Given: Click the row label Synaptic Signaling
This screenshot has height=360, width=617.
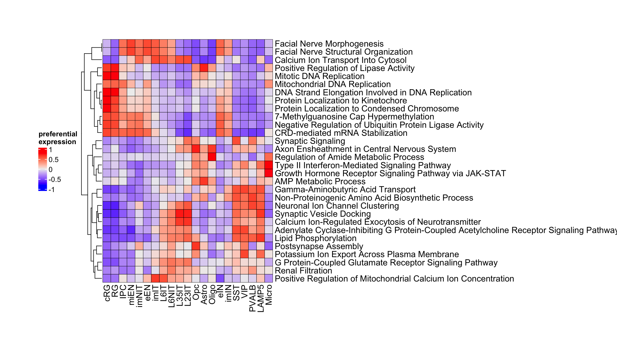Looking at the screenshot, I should pyautogui.click(x=310, y=141).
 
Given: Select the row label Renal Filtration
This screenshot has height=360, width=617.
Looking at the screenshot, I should pyautogui.click(x=303, y=271).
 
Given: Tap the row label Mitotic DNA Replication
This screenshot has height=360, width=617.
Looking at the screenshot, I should pyautogui.click(x=319, y=76).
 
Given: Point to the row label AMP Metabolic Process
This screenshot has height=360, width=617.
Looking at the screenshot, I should pyautogui.click(x=320, y=181).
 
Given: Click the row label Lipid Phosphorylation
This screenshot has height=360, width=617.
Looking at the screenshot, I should pyautogui.click(x=315, y=238).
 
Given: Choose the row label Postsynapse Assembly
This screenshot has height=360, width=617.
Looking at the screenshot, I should pyautogui.click(x=319, y=246).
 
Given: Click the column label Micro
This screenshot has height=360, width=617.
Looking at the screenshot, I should pyautogui.click(x=269, y=295).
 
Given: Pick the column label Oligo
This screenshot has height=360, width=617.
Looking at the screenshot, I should pyautogui.click(x=212, y=294).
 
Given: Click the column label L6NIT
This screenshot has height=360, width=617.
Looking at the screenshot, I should pyautogui.click(x=172, y=296).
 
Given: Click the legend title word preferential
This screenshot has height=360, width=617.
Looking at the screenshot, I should pyautogui.click(x=58, y=134).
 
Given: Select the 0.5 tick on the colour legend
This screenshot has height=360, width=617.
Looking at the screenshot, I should pyautogui.click(x=54, y=160).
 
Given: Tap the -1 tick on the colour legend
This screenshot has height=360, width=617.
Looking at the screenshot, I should pyautogui.click(x=52, y=190).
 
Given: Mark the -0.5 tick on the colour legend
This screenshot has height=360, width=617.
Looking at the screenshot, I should pyautogui.click(x=55, y=179).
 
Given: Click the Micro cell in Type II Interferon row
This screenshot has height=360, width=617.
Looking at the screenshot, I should pyautogui.click(x=269, y=165).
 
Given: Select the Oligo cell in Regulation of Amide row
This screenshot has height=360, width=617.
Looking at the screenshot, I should pyautogui.click(x=212, y=157).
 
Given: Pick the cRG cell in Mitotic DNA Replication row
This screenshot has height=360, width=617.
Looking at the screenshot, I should pyautogui.click(x=107, y=76).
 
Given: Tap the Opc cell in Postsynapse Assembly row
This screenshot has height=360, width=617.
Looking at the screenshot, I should pyautogui.click(x=196, y=246).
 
